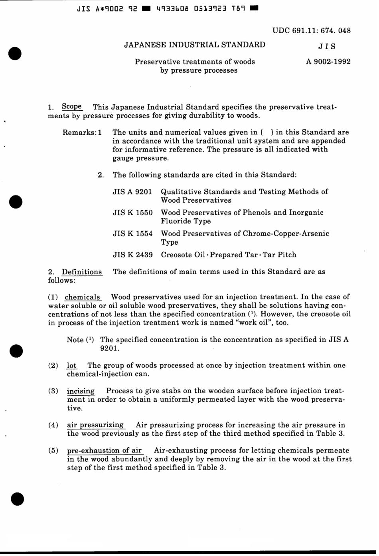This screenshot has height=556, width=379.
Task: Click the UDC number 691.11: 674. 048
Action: [x=312, y=31]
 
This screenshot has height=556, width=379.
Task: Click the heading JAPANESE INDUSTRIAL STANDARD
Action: [x=195, y=45]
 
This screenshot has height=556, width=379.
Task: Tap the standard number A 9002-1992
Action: [x=328, y=62]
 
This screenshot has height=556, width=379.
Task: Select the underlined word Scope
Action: [x=72, y=107]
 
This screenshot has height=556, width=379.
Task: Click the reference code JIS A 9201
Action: [x=132, y=192]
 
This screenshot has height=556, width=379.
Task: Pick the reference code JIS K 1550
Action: [x=132, y=213]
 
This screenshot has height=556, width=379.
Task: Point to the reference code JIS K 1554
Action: [x=132, y=233]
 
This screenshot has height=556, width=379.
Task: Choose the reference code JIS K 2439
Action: [x=132, y=255]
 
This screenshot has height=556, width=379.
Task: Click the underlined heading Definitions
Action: [x=82, y=272]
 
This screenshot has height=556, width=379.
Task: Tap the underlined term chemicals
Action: [x=82, y=297]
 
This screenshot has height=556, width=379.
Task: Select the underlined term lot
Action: [x=71, y=365]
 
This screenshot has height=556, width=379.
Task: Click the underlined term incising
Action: [x=81, y=391]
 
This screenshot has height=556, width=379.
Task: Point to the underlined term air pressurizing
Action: [x=95, y=425]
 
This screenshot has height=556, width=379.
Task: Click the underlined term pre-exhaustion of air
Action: [x=105, y=450]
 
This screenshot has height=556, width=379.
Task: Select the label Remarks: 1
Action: [x=82, y=132]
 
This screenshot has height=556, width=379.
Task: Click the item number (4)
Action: [x=53, y=425]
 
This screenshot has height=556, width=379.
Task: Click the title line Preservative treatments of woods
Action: [x=195, y=62]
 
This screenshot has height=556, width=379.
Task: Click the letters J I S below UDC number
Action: [x=327, y=46]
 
